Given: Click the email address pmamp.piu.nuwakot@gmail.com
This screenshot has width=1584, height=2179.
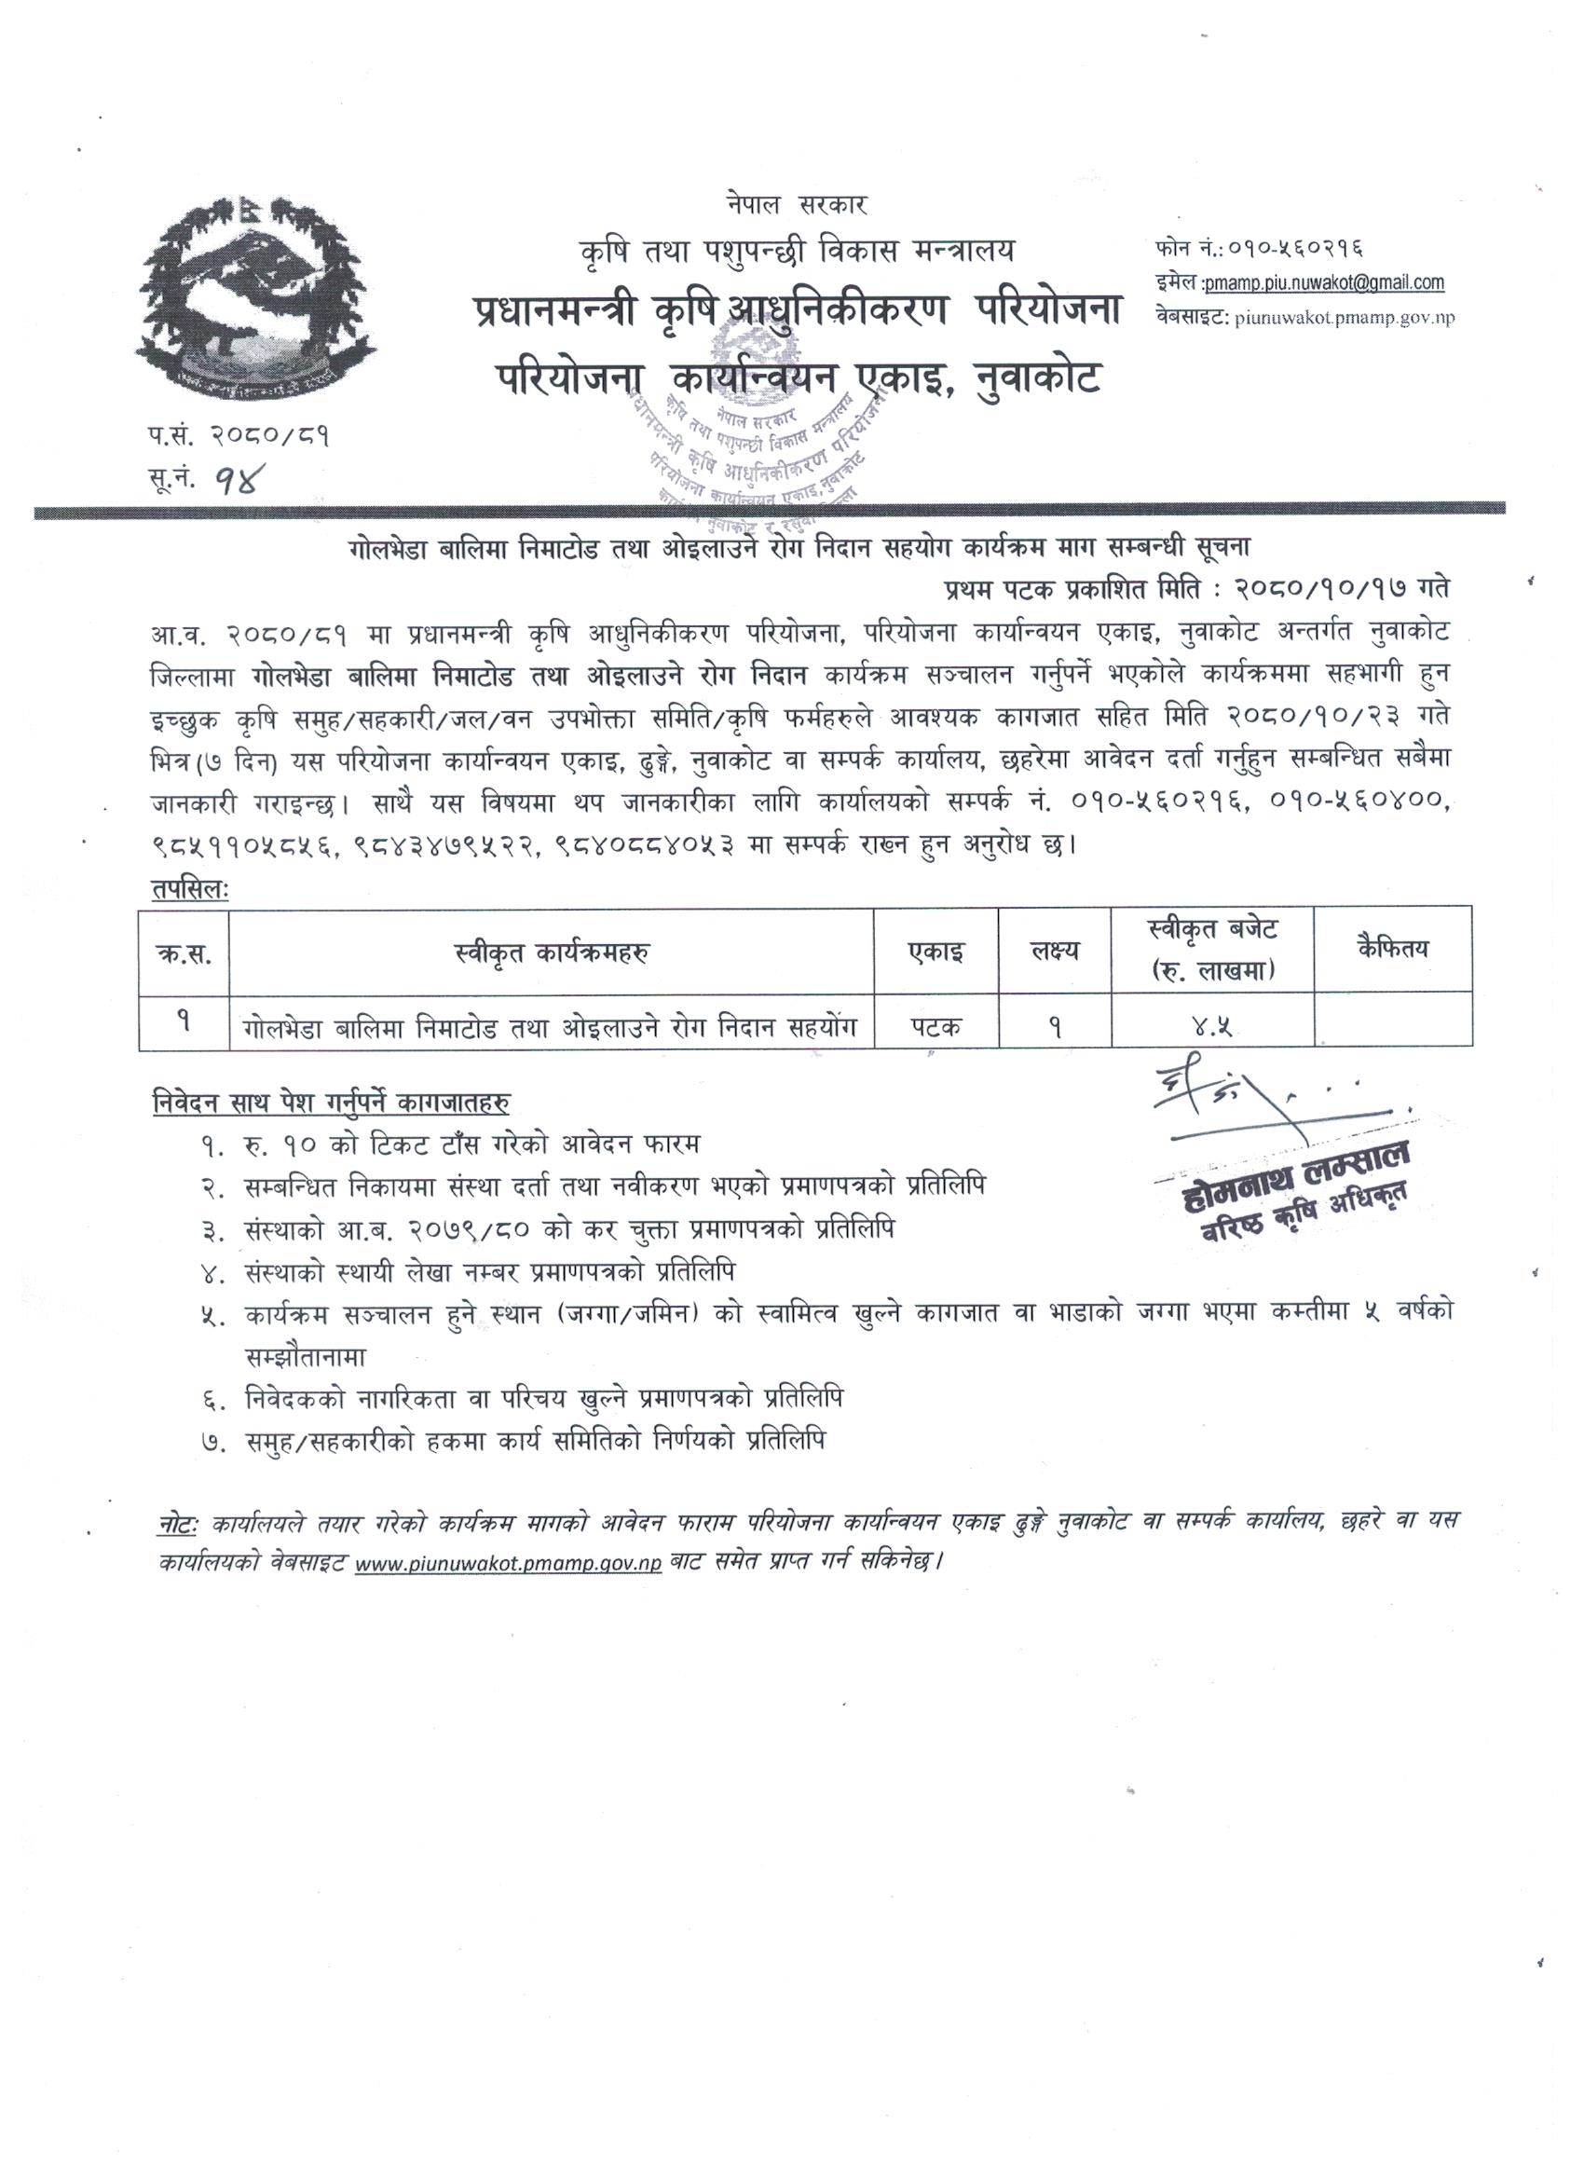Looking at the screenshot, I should click(x=1312, y=282).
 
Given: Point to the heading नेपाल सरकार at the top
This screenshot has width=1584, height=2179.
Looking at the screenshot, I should click(x=797, y=205).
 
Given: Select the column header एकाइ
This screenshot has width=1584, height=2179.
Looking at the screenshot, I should click(x=935, y=952).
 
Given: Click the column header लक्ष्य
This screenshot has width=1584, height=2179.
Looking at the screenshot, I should click(x=1054, y=952).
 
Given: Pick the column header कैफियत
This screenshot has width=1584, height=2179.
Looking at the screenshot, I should click(x=1392, y=949).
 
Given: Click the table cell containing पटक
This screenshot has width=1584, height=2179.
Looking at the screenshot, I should click(x=935, y=1026).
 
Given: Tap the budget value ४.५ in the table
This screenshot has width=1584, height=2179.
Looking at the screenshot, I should click(x=1213, y=1026).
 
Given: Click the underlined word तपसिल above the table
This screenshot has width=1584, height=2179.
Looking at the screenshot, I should click(x=188, y=889).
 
